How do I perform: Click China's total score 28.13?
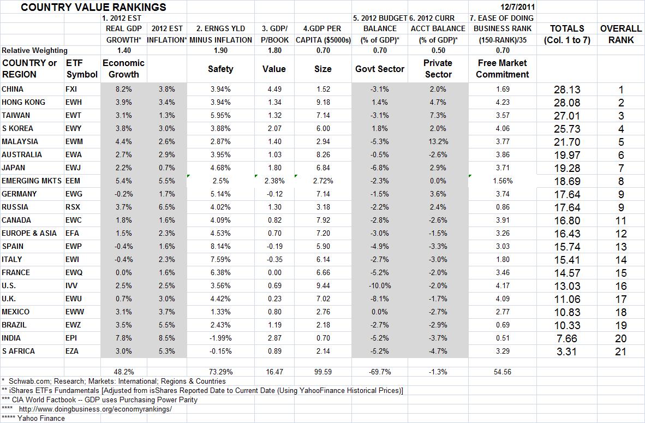point(567,90)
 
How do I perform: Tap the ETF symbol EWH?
point(74,102)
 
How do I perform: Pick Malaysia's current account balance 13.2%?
point(438,141)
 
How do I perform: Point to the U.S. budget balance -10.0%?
point(380,285)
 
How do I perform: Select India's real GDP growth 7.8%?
point(124,338)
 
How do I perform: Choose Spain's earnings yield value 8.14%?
point(220,246)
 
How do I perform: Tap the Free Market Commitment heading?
point(502,69)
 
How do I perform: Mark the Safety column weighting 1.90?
point(220,50)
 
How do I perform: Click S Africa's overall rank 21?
point(621,351)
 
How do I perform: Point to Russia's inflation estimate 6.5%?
point(167,207)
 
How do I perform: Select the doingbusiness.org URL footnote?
point(95,409)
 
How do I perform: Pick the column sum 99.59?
point(323,372)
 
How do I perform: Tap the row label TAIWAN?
point(16,115)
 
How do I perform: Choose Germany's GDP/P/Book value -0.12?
point(274,194)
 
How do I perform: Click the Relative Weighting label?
point(35,50)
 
